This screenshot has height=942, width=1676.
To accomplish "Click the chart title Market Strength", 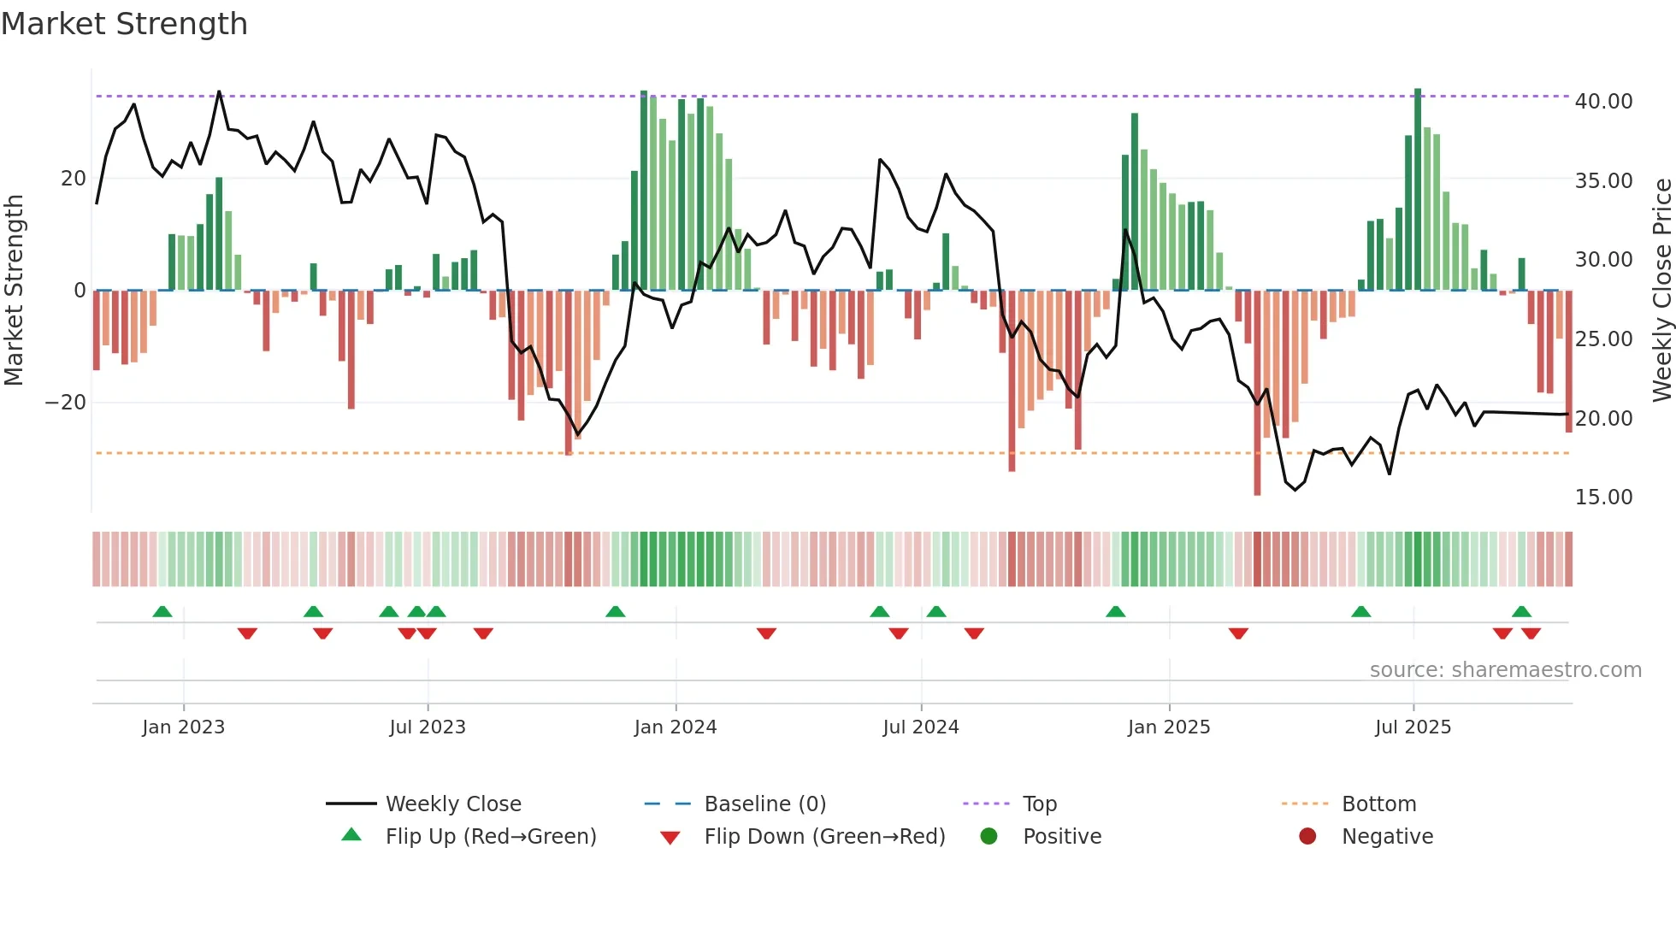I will pos(124,24).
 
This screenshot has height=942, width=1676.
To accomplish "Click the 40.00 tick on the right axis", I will pos(1603,101).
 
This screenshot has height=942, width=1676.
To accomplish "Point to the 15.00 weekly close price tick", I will pos(1603,497).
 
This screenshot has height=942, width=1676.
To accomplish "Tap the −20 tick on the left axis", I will pos(66,402).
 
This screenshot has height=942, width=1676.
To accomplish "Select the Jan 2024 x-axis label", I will pos(675,727).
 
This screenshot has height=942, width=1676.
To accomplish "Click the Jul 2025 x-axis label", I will pos(1413,727).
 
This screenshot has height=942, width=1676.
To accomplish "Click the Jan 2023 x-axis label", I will pos(183,727).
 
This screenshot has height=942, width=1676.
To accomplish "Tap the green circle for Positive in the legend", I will pos(988,836).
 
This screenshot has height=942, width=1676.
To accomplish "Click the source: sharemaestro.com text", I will pos(1505,669).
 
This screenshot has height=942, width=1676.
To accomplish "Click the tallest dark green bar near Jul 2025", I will pos(1418,188).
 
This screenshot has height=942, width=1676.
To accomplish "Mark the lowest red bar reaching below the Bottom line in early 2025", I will pos(1257,393).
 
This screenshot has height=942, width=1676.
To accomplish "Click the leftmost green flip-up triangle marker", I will pos(162,611).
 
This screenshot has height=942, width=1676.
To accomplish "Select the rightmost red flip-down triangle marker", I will pos(1531,633).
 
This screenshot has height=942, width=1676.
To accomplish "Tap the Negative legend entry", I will pos(1386,836).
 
